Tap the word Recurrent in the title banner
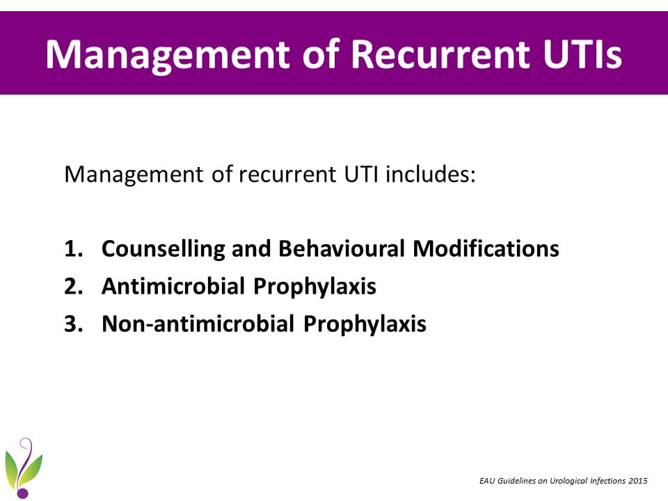[440, 54]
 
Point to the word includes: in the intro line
[430, 174]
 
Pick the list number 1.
[73, 248]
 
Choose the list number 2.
[73, 286]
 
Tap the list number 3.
[73, 324]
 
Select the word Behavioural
[341, 248]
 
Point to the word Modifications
[486, 248]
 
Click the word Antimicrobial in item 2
[173, 286]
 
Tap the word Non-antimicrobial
[198, 324]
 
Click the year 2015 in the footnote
[638, 481]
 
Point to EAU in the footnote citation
[487, 481]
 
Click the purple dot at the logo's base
[22, 493]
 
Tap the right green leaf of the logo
[33, 468]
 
